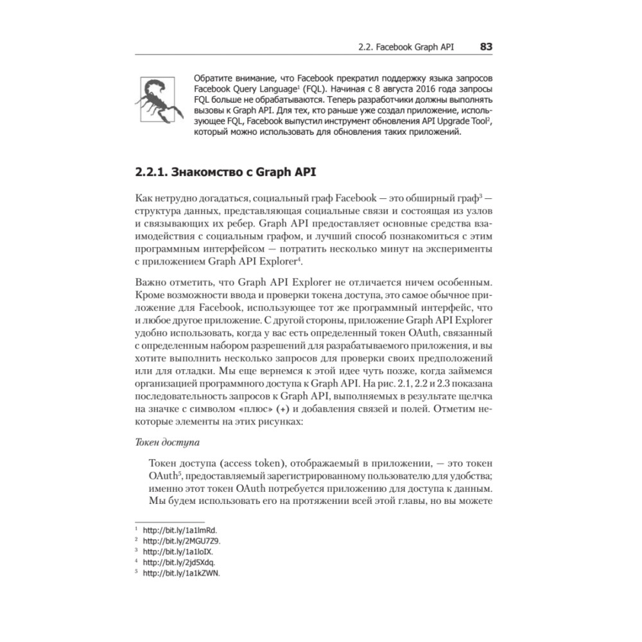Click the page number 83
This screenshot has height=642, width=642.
tap(485, 47)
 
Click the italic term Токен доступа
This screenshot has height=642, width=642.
tap(165, 442)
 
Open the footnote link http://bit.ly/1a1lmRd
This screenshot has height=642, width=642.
tap(180, 531)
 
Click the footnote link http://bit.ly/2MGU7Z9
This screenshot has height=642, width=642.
tap(182, 541)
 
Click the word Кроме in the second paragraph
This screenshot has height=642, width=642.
tap(151, 295)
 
